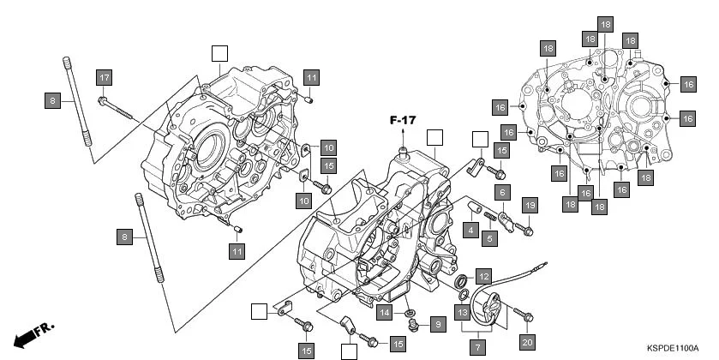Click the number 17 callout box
(x=104, y=78)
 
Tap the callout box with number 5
(x=489, y=237)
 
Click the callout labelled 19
(x=530, y=205)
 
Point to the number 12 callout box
(x=484, y=276)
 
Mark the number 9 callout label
(x=436, y=324)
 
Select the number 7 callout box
(x=477, y=348)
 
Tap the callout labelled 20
(x=526, y=342)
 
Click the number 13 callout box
(x=462, y=313)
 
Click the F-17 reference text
(x=403, y=121)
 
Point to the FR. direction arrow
(x=30, y=333)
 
